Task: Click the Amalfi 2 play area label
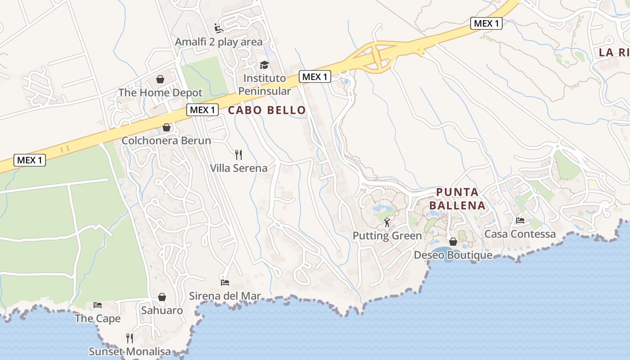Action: pos(218,42)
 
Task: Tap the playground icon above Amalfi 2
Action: pos(219,28)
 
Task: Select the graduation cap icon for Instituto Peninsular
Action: pos(264,65)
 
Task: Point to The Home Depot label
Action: pos(160,93)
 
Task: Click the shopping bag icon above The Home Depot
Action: pos(160,79)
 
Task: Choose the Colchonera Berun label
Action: pos(166,140)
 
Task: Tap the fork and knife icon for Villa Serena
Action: pos(238,155)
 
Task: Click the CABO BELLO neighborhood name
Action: pos(267,110)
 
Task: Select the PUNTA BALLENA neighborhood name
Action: pos(457,199)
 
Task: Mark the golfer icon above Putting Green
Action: pos(387,222)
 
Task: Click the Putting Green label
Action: pos(387,236)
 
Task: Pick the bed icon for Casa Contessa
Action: pos(520,220)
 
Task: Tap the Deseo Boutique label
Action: pos(453,255)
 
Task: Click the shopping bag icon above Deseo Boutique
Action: pos(453,242)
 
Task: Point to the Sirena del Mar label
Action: pos(225,296)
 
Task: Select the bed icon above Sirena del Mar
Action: pos(225,283)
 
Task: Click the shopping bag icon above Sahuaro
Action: pos(162,297)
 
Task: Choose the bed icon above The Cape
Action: pos(98,305)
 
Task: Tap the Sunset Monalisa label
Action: pos(130,351)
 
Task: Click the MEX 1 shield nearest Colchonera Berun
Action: pos(202,110)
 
